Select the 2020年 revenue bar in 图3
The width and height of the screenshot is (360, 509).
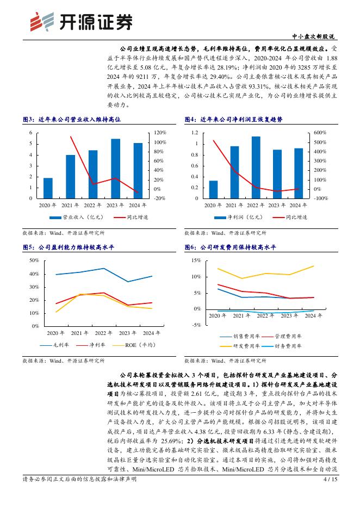click(48, 188)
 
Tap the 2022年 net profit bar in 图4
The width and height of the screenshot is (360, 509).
click(256, 167)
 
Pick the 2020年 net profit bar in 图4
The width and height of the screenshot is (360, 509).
click(213, 189)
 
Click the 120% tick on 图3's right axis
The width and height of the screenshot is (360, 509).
click(144, 133)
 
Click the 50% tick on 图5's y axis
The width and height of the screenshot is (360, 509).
click(33, 260)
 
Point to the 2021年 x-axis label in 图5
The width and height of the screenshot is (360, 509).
click(80, 333)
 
